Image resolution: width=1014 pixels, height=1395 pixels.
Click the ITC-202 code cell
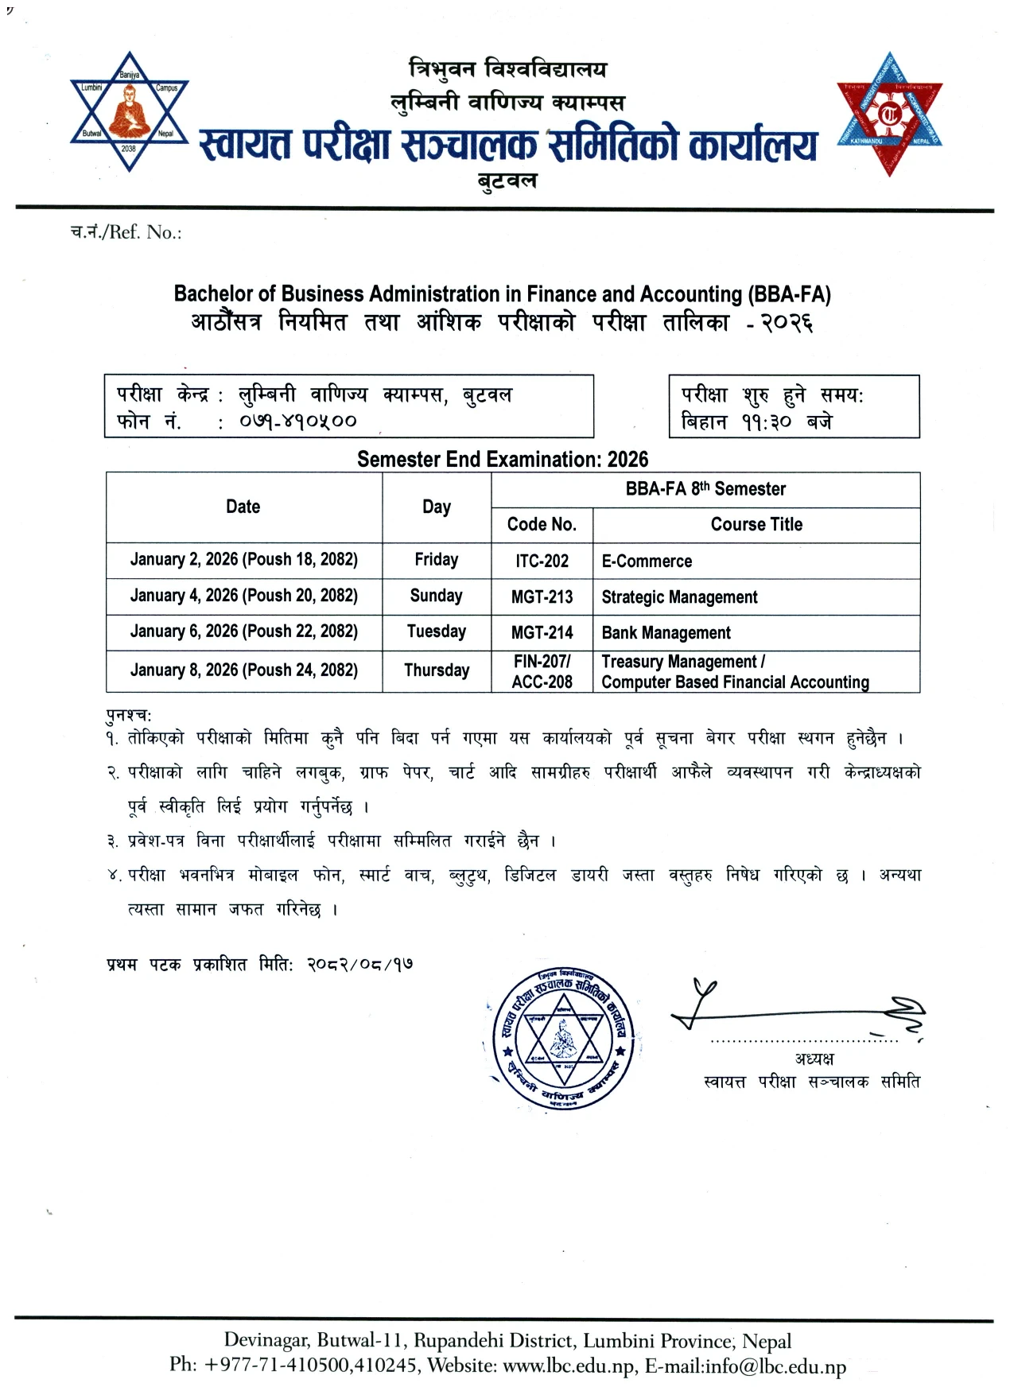click(542, 561)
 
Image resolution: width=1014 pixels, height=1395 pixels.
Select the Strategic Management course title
click(679, 597)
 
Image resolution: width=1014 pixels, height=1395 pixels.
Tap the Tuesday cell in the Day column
click(436, 631)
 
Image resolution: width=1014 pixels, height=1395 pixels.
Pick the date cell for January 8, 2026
click(243, 670)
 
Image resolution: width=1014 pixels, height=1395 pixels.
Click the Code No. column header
click(542, 524)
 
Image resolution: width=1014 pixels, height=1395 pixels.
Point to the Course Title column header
click(756, 524)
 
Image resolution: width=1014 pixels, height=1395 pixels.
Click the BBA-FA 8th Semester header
click(705, 489)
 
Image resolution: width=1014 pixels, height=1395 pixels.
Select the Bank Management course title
click(666, 633)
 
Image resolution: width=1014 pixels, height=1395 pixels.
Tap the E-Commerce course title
click(647, 561)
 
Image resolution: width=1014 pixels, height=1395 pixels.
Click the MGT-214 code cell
click(542, 633)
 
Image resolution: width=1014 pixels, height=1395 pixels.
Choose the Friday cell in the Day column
click(436, 560)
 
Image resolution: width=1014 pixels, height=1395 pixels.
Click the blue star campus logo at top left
click(129, 112)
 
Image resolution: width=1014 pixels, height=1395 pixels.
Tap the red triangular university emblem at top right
click(888, 114)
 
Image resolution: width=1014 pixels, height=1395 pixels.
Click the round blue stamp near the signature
click(563, 1039)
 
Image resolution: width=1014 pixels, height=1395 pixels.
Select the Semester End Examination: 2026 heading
click(502, 460)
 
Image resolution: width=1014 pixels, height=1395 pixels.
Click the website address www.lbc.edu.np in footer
click(569, 1366)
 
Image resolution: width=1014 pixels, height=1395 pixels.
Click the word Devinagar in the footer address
click(266, 1341)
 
